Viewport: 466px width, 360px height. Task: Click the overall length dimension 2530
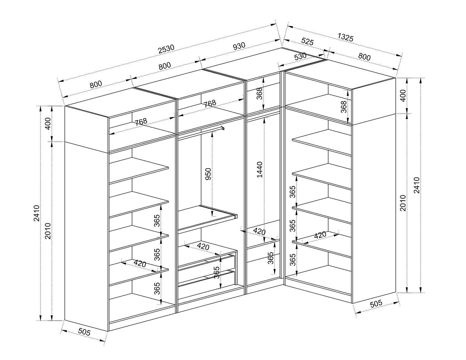tap(166, 49)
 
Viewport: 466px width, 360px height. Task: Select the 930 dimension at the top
tap(239, 46)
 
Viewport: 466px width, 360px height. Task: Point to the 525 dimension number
tap(308, 41)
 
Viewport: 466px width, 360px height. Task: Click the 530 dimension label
tap(300, 57)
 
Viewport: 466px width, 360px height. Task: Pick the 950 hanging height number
tap(208, 174)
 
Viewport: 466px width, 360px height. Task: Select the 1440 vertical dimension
tap(260, 170)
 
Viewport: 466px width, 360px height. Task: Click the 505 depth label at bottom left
tap(84, 332)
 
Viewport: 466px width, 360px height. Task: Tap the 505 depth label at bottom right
tap(376, 303)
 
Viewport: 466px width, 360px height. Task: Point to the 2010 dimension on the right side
tap(403, 203)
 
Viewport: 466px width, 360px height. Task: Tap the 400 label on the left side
tap(48, 124)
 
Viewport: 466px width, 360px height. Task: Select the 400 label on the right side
tap(403, 96)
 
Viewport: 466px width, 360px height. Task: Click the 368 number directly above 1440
tap(260, 93)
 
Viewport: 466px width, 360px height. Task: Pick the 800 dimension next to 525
tap(364, 57)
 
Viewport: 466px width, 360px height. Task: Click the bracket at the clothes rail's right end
tap(223, 128)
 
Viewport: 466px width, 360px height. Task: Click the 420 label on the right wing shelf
tap(320, 235)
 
